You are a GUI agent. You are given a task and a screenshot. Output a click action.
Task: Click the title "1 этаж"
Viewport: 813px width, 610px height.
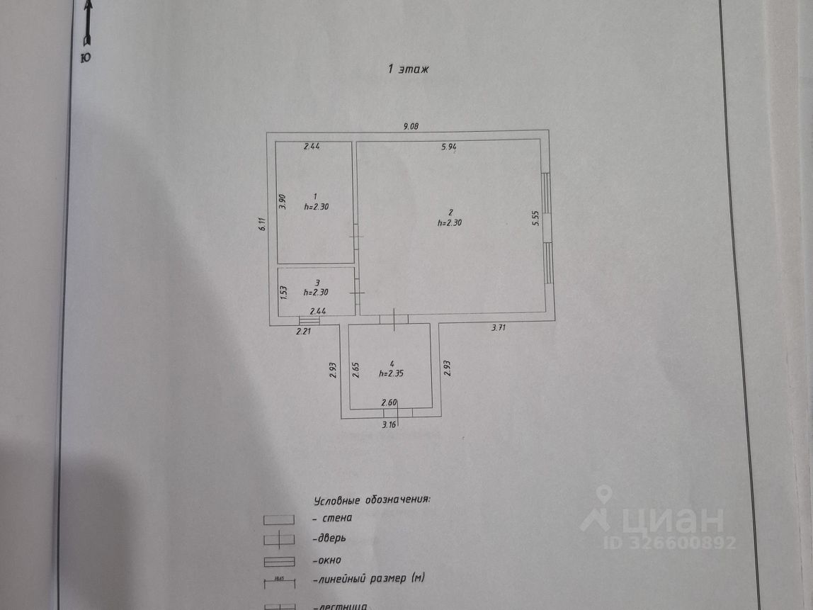tap(409, 69)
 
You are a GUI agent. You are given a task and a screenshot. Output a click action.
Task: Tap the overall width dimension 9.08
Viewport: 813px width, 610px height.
tap(411, 127)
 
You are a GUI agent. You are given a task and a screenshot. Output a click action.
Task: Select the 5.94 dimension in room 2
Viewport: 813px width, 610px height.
tap(449, 147)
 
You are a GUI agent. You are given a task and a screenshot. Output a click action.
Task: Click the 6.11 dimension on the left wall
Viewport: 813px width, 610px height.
tap(261, 225)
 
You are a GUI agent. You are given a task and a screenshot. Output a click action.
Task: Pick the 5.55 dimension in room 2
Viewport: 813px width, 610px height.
tap(536, 218)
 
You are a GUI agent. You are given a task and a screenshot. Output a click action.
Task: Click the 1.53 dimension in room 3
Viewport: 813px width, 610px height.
tap(282, 291)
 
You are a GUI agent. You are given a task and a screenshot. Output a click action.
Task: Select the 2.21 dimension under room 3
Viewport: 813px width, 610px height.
tap(304, 330)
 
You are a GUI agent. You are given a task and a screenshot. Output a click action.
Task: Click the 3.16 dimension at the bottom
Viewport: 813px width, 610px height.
tap(389, 425)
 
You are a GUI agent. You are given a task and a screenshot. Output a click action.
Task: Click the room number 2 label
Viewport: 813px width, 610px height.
tap(450, 212)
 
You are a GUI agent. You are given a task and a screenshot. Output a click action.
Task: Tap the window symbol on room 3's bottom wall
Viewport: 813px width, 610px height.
tap(309, 320)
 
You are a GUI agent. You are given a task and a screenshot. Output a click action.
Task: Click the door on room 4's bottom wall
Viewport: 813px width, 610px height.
tap(399, 412)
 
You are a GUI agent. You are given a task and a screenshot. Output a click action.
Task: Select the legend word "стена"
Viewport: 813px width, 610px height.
tap(336, 518)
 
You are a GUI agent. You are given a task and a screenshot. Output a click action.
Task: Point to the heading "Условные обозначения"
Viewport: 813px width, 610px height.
tap(372, 499)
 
